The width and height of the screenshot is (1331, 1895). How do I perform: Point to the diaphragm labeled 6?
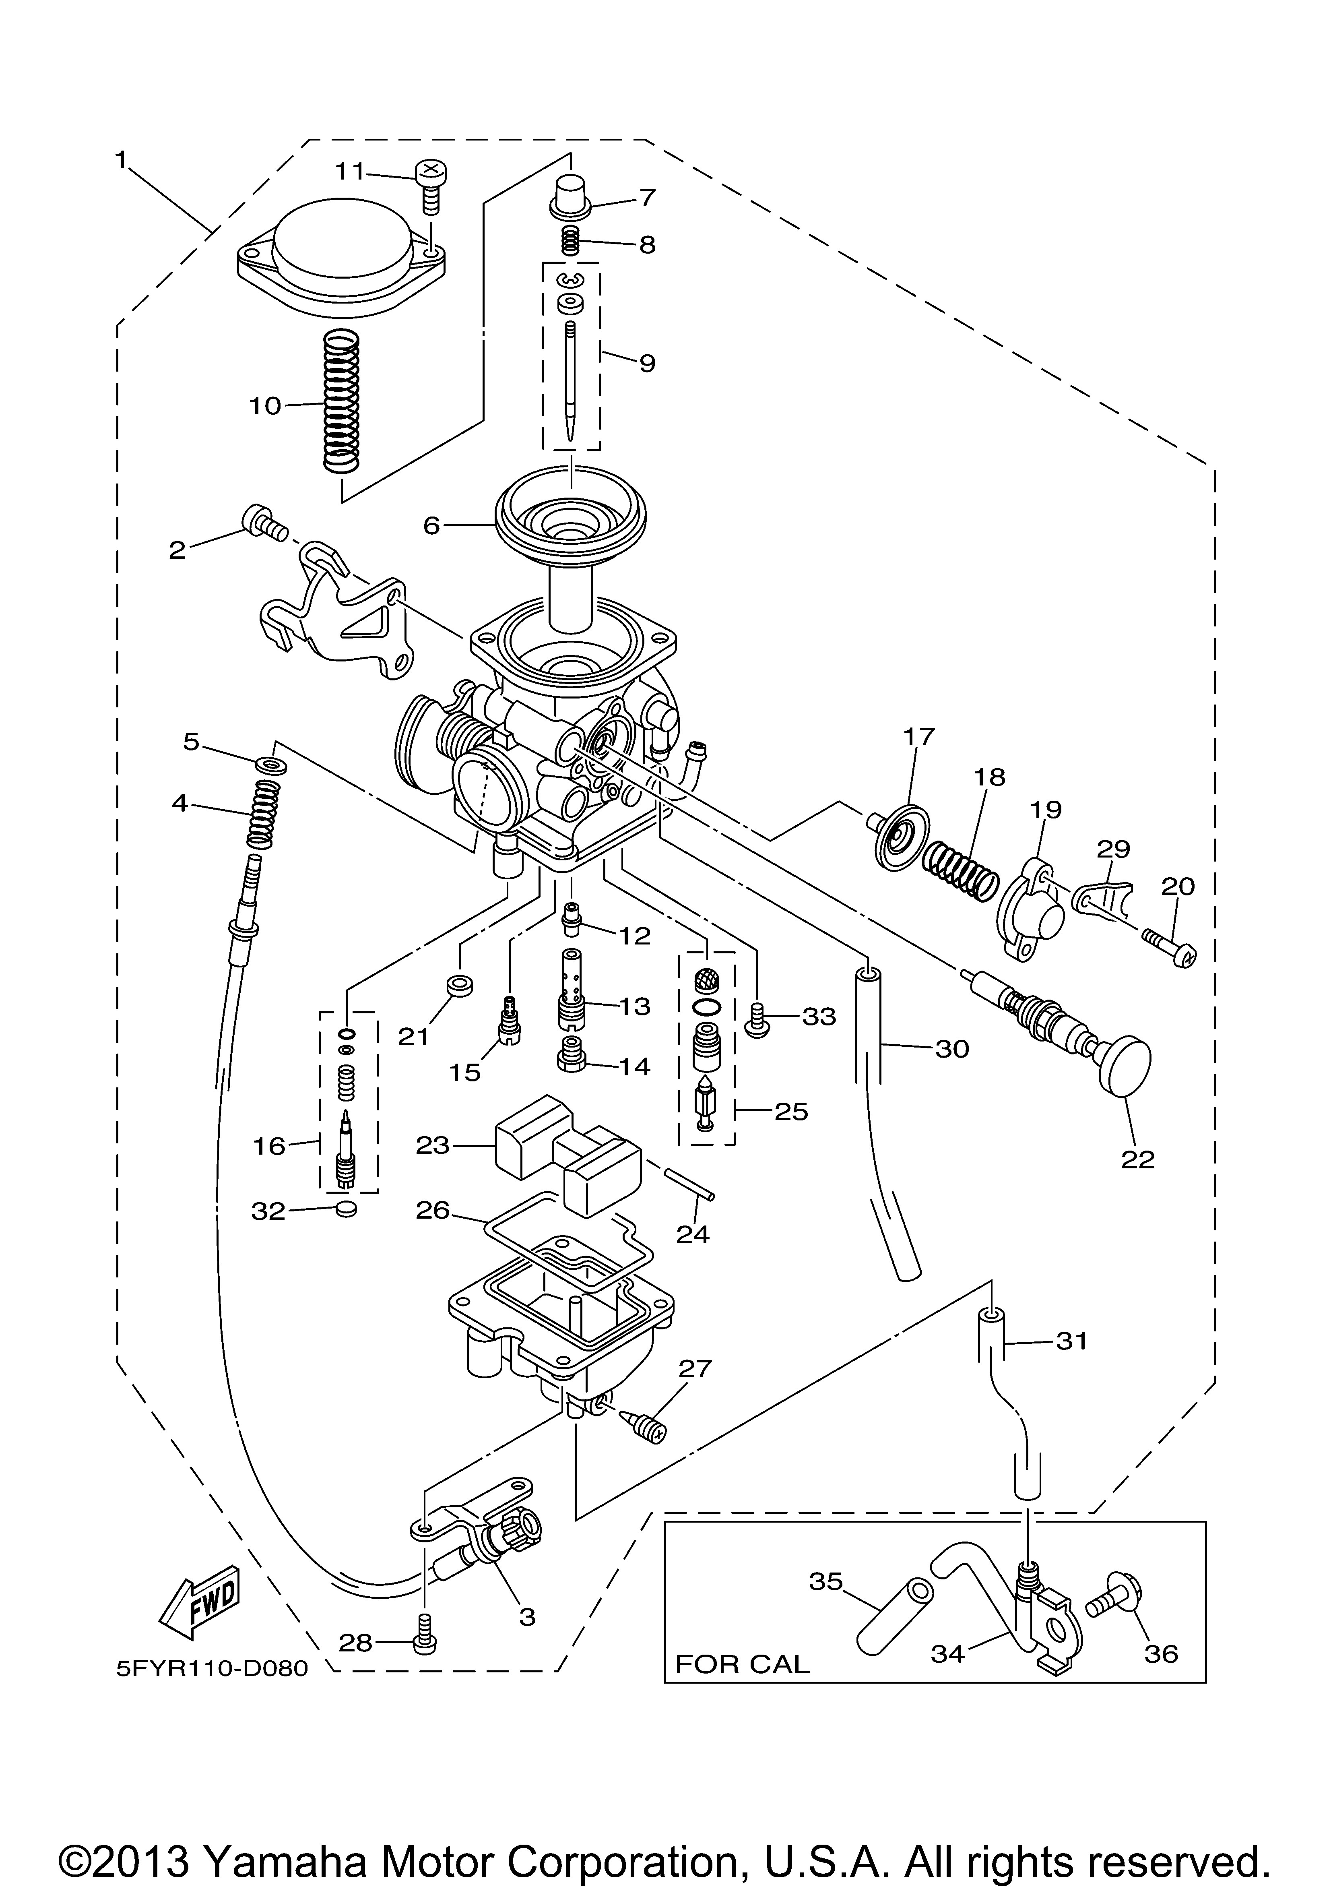[570, 516]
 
